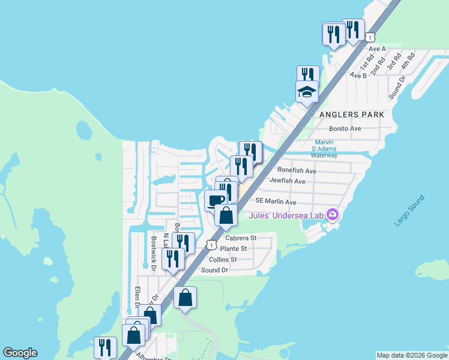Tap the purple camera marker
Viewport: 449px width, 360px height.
(x=332, y=215)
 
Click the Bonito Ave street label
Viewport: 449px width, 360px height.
(x=345, y=128)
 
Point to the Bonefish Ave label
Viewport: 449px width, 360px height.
(x=297, y=171)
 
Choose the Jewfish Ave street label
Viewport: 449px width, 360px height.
(x=288, y=181)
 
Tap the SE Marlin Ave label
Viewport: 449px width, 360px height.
(x=276, y=202)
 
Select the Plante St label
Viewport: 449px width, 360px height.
(x=234, y=248)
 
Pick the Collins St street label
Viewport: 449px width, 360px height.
(x=223, y=259)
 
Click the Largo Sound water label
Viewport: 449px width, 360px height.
(x=411, y=211)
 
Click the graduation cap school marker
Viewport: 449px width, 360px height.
(x=306, y=93)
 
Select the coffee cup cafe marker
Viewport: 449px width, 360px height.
(x=215, y=200)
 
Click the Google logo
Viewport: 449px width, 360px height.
(x=20, y=353)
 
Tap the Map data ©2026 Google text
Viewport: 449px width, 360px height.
(x=412, y=355)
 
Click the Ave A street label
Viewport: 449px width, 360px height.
(x=376, y=49)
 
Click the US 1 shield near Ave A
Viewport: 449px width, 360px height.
(x=371, y=37)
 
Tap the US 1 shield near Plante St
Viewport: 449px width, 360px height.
(x=211, y=245)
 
